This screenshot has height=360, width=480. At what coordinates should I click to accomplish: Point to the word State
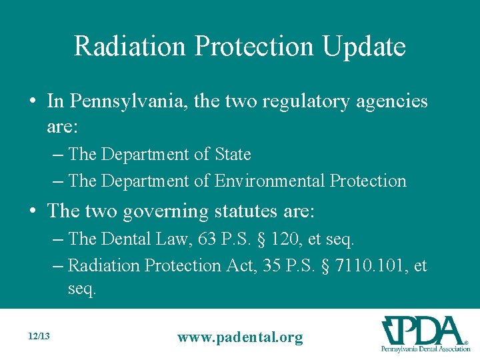pos(233,155)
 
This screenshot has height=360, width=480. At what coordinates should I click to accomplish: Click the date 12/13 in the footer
pos(40,337)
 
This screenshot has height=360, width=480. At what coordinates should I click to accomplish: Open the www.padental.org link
pos(239,337)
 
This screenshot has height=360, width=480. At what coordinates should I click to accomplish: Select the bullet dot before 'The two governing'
pos(33,212)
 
